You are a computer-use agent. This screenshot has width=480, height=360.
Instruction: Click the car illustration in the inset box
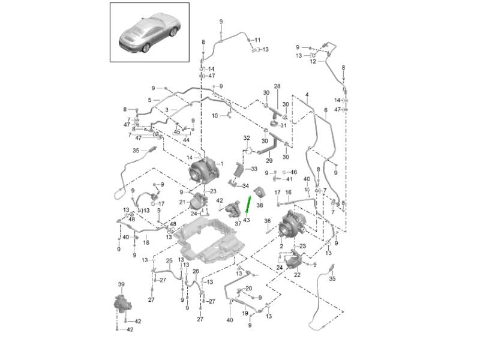[149, 32]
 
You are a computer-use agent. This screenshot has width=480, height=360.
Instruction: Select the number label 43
[246, 220]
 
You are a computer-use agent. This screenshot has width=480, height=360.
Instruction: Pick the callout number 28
[277, 87]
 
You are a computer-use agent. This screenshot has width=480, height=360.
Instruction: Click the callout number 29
[269, 161]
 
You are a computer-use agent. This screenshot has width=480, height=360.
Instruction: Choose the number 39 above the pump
[121, 284]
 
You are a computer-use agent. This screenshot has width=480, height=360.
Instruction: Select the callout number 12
[313, 62]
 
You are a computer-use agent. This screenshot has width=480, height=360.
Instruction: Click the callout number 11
[257, 40]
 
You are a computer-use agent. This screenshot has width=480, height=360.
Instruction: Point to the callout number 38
[260, 205]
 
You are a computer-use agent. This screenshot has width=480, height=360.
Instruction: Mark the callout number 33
[253, 169]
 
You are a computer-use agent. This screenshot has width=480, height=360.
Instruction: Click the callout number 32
[246, 138]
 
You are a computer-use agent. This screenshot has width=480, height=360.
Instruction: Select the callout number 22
[296, 274]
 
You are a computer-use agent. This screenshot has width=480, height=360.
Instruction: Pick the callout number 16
[288, 193]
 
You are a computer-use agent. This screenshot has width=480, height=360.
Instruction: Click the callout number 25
[169, 261]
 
